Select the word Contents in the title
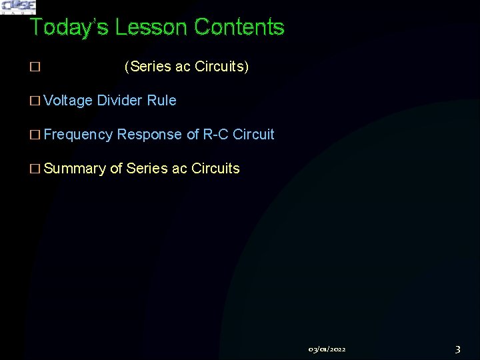(x=239, y=27)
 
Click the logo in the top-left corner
(x=19, y=7)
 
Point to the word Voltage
(x=68, y=101)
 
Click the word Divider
(x=120, y=101)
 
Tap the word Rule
(x=162, y=101)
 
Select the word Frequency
(x=78, y=135)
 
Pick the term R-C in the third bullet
(x=216, y=135)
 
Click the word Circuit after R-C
(x=254, y=135)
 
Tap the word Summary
(x=75, y=169)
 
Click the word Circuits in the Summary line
(x=215, y=169)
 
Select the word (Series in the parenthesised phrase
(x=147, y=67)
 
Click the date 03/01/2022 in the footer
(x=327, y=349)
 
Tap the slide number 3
(x=457, y=349)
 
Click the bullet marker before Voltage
(x=35, y=101)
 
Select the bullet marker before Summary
(x=35, y=169)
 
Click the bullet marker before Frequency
(x=35, y=135)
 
